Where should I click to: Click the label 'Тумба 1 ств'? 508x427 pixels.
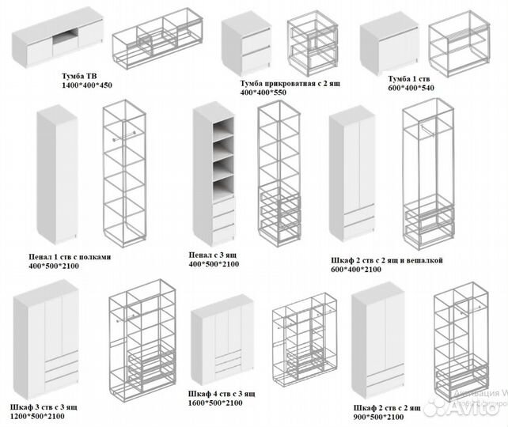(x=409, y=79)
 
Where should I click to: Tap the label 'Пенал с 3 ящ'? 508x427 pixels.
(x=214, y=255)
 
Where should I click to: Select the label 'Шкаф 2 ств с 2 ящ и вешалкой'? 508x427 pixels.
(x=385, y=260)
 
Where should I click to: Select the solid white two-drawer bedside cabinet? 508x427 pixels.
(x=248, y=46)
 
